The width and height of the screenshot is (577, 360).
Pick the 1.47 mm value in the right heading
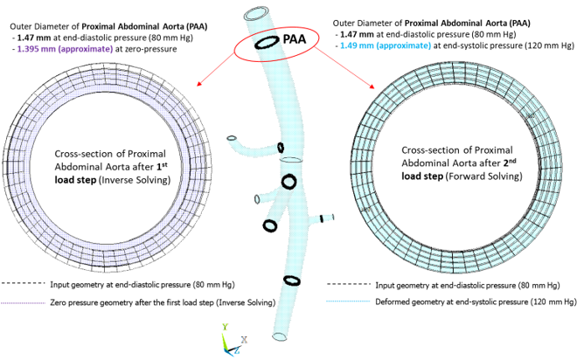[x=367, y=38]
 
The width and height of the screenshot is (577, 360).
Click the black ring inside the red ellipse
[x=265, y=43]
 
